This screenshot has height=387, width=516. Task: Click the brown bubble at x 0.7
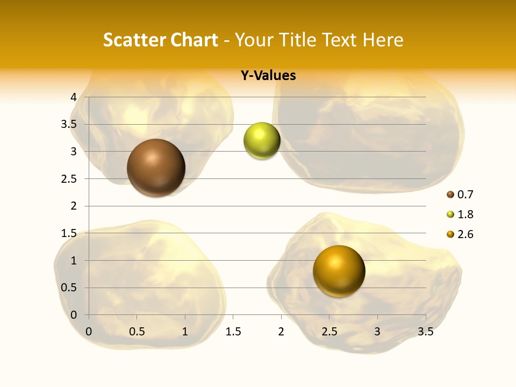point(156,168)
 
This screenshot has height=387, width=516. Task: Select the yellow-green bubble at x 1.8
point(262,141)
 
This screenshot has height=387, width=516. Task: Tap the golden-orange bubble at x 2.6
point(339,271)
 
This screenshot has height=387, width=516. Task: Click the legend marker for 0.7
point(450,195)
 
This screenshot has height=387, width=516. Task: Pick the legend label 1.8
point(465,214)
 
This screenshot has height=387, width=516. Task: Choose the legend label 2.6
point(465,234)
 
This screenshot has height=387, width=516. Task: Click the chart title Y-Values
point(268,76)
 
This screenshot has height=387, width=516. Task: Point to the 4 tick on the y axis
point(74,97)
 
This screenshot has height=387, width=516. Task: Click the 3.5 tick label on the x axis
point(425,332)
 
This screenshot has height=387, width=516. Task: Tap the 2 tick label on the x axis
point(281,332)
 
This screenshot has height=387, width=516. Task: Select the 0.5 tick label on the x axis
point(137,332)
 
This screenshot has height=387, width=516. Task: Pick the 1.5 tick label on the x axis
point(233,332)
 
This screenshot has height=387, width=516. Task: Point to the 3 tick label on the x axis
point(377,332)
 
